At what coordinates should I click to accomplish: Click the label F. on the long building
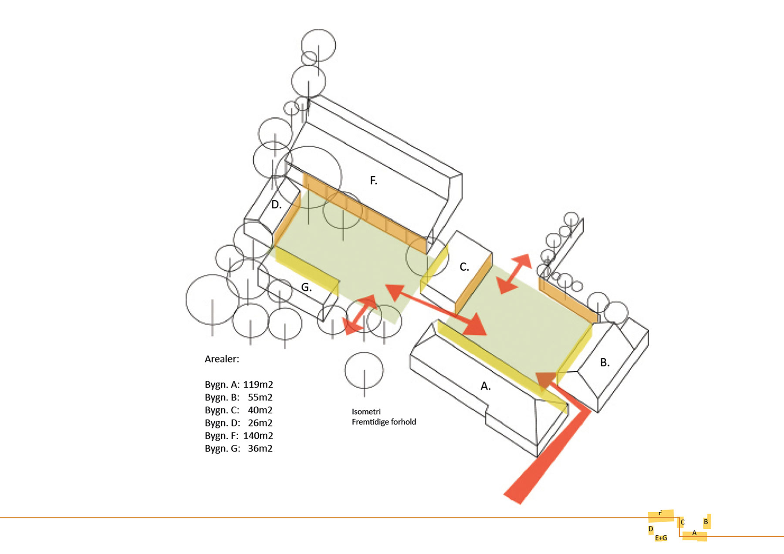click(373, 180)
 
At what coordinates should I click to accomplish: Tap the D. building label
click(276, 205)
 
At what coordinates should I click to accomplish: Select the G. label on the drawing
click(306, 287)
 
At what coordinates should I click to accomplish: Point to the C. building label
click(464, 267)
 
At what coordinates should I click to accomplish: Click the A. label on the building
click(485, 386)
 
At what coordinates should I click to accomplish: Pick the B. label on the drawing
click(605, 362)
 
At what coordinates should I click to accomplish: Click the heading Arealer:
click(222, 359)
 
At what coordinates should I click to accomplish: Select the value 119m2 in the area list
click(258, 385)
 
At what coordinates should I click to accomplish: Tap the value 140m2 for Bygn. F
click(258, 436)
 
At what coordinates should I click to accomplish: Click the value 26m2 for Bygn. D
click(260, 423)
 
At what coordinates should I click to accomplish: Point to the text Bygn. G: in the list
click(222, 449)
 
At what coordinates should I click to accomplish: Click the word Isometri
click(366, 411)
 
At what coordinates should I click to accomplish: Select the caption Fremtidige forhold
click(384, 422)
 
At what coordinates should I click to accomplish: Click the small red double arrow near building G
click(360, 315)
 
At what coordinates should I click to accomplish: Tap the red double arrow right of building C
click(514, 274)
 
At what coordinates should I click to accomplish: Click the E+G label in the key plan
click(661, 538)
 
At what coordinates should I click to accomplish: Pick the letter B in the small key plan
click(706, 522)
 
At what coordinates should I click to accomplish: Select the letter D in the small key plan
click(651, 529)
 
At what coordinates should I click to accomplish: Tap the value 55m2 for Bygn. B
click(260, 397)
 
